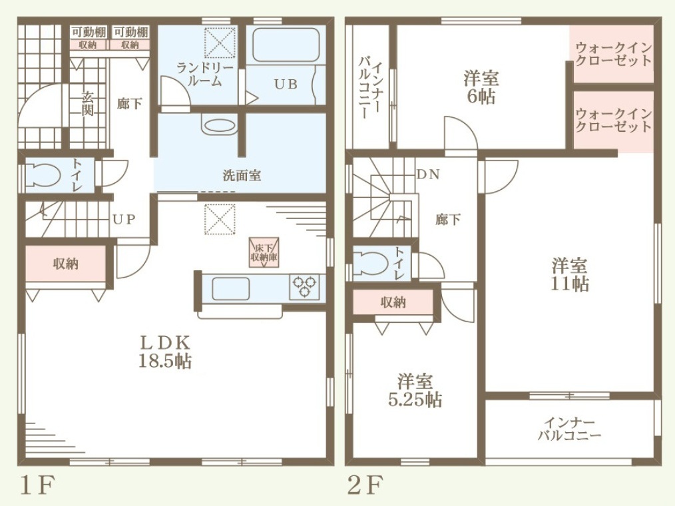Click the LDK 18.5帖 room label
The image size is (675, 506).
tap(165, 352)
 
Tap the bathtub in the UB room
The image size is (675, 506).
tap(286, 45)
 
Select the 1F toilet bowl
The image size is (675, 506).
tap(42, 175)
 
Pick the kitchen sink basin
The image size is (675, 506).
tap(231, 288)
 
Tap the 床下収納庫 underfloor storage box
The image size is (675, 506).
tap(264, 253)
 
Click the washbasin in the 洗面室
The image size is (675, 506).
tap(219, 125)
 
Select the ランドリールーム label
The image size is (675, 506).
tap(205, 75)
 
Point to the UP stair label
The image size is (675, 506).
tap(124, 220)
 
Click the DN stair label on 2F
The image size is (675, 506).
tap(428, 174)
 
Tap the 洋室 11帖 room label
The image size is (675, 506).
tap(570, 275)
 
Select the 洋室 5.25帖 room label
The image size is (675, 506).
tap(415, 391)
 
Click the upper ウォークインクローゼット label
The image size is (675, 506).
tap(614, 53)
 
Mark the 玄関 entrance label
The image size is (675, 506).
tap(87, 103)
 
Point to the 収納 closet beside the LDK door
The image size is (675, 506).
tap(66, 264)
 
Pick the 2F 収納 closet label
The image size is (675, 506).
tap(393, 302)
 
